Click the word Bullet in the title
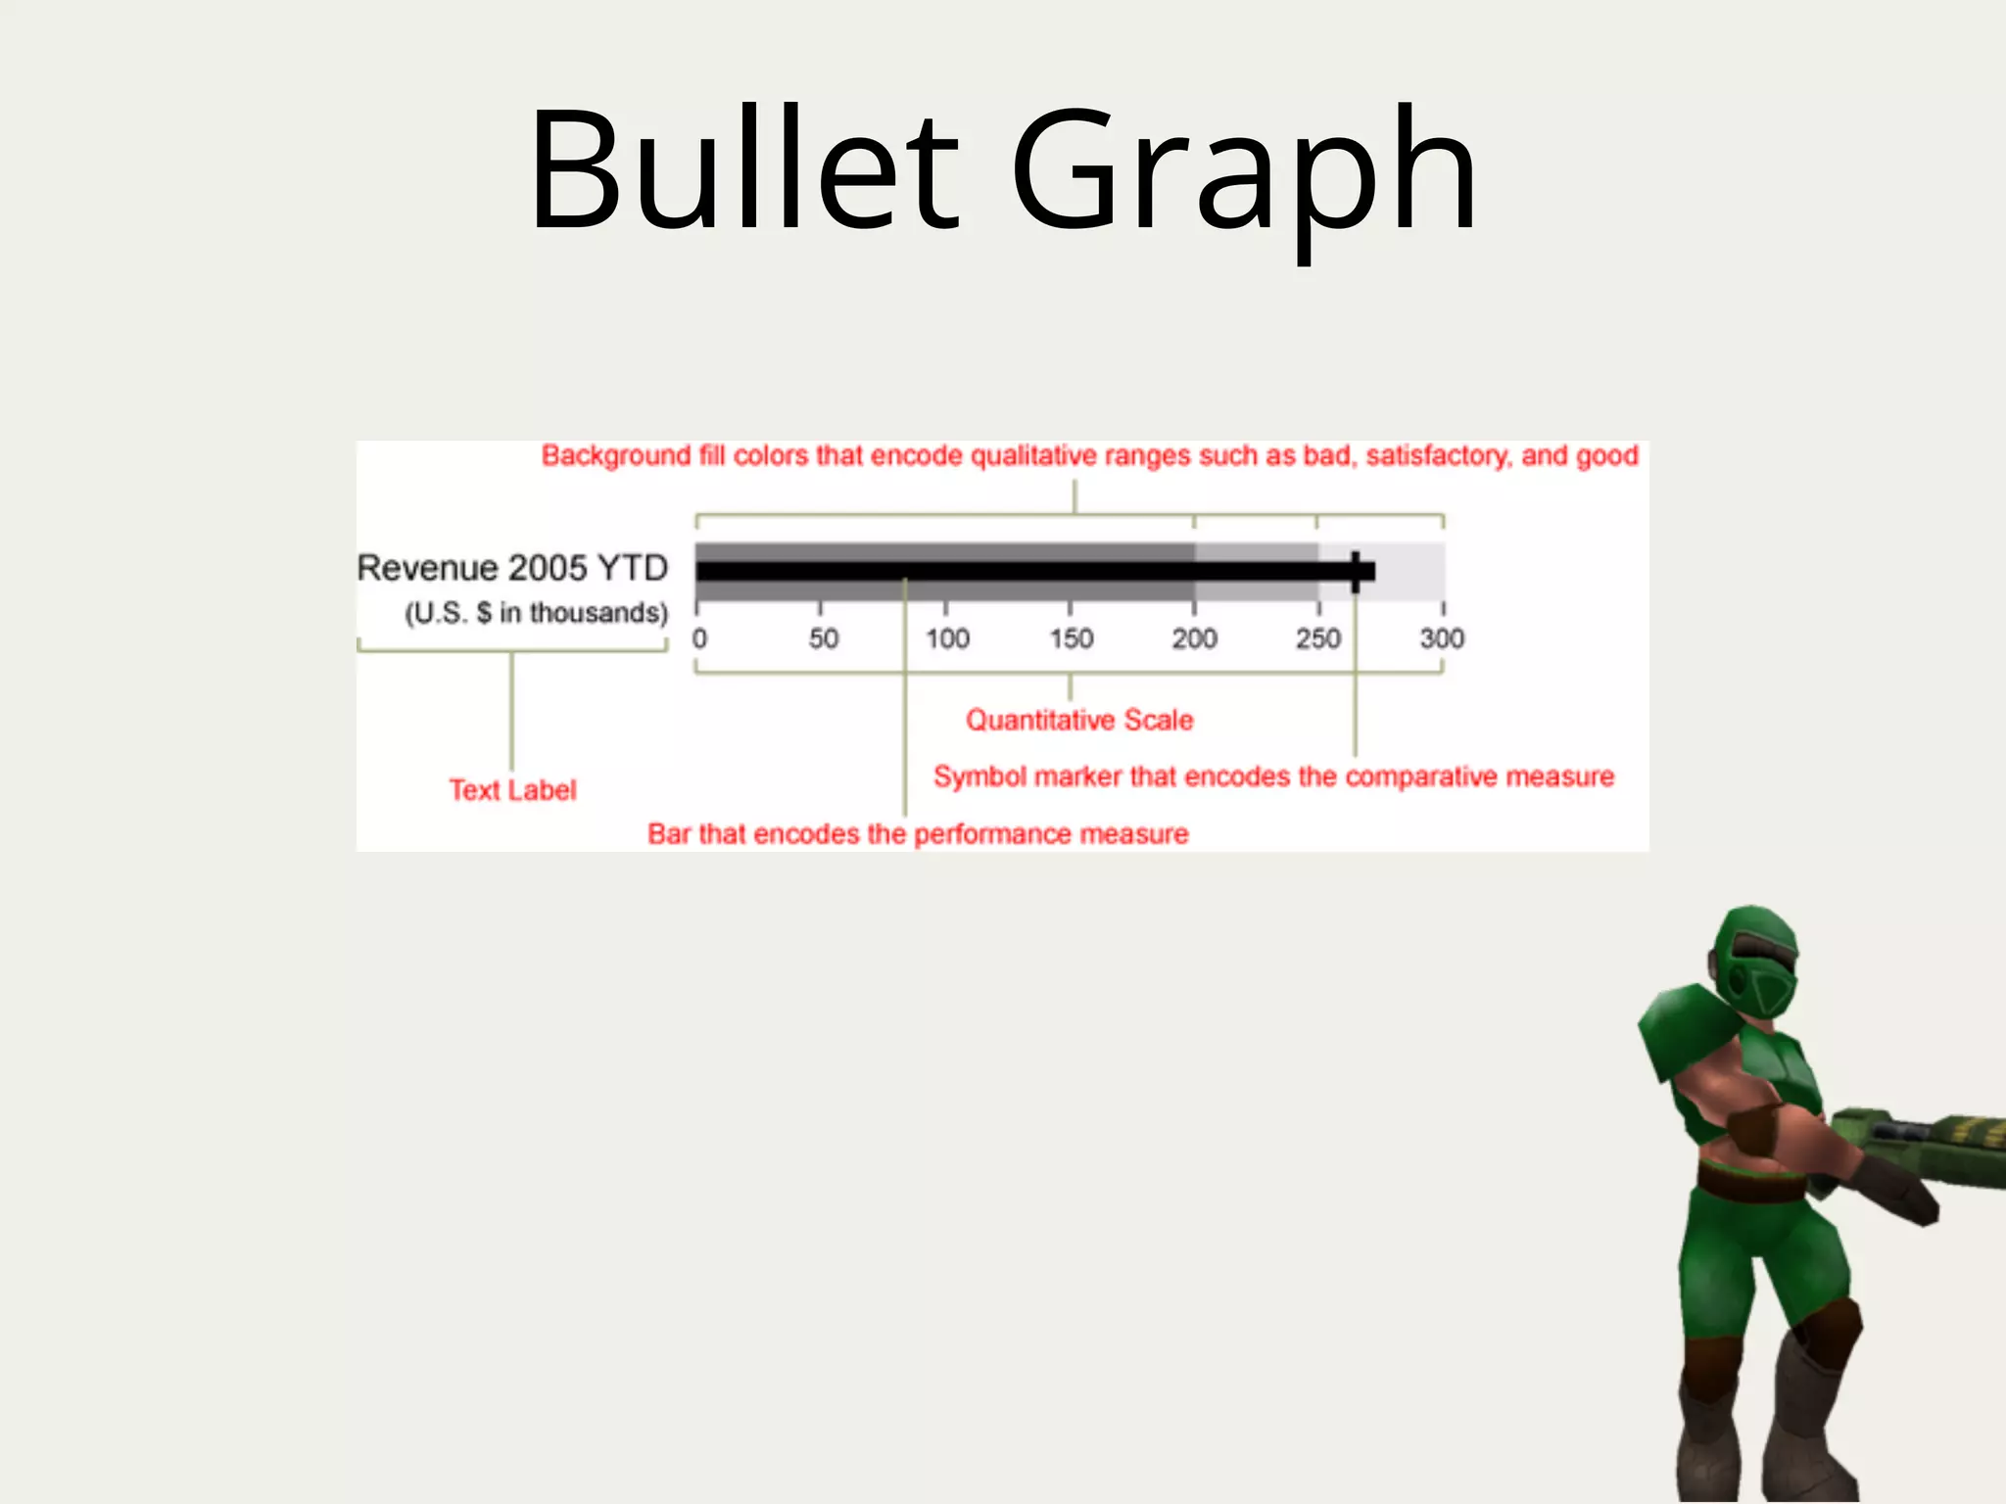(744, 171)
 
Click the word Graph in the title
(1244, 176)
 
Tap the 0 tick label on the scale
(699, 638)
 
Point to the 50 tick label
(823, 638)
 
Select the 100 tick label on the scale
(947, 638)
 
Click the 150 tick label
(1071, 638)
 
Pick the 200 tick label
(1194, 638)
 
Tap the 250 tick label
(1317, 638)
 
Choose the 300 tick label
(1442, 638)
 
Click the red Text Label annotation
(512, 790)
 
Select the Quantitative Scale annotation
(1079, 720)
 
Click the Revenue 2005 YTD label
(512, 568)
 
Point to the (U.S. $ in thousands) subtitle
(536, 613)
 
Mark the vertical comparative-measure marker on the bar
(1356, 572)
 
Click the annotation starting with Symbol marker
(1273, 776)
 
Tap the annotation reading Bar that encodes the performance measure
(918, 834)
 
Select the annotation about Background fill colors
(1089, 456)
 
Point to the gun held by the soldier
(1920, 1136)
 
